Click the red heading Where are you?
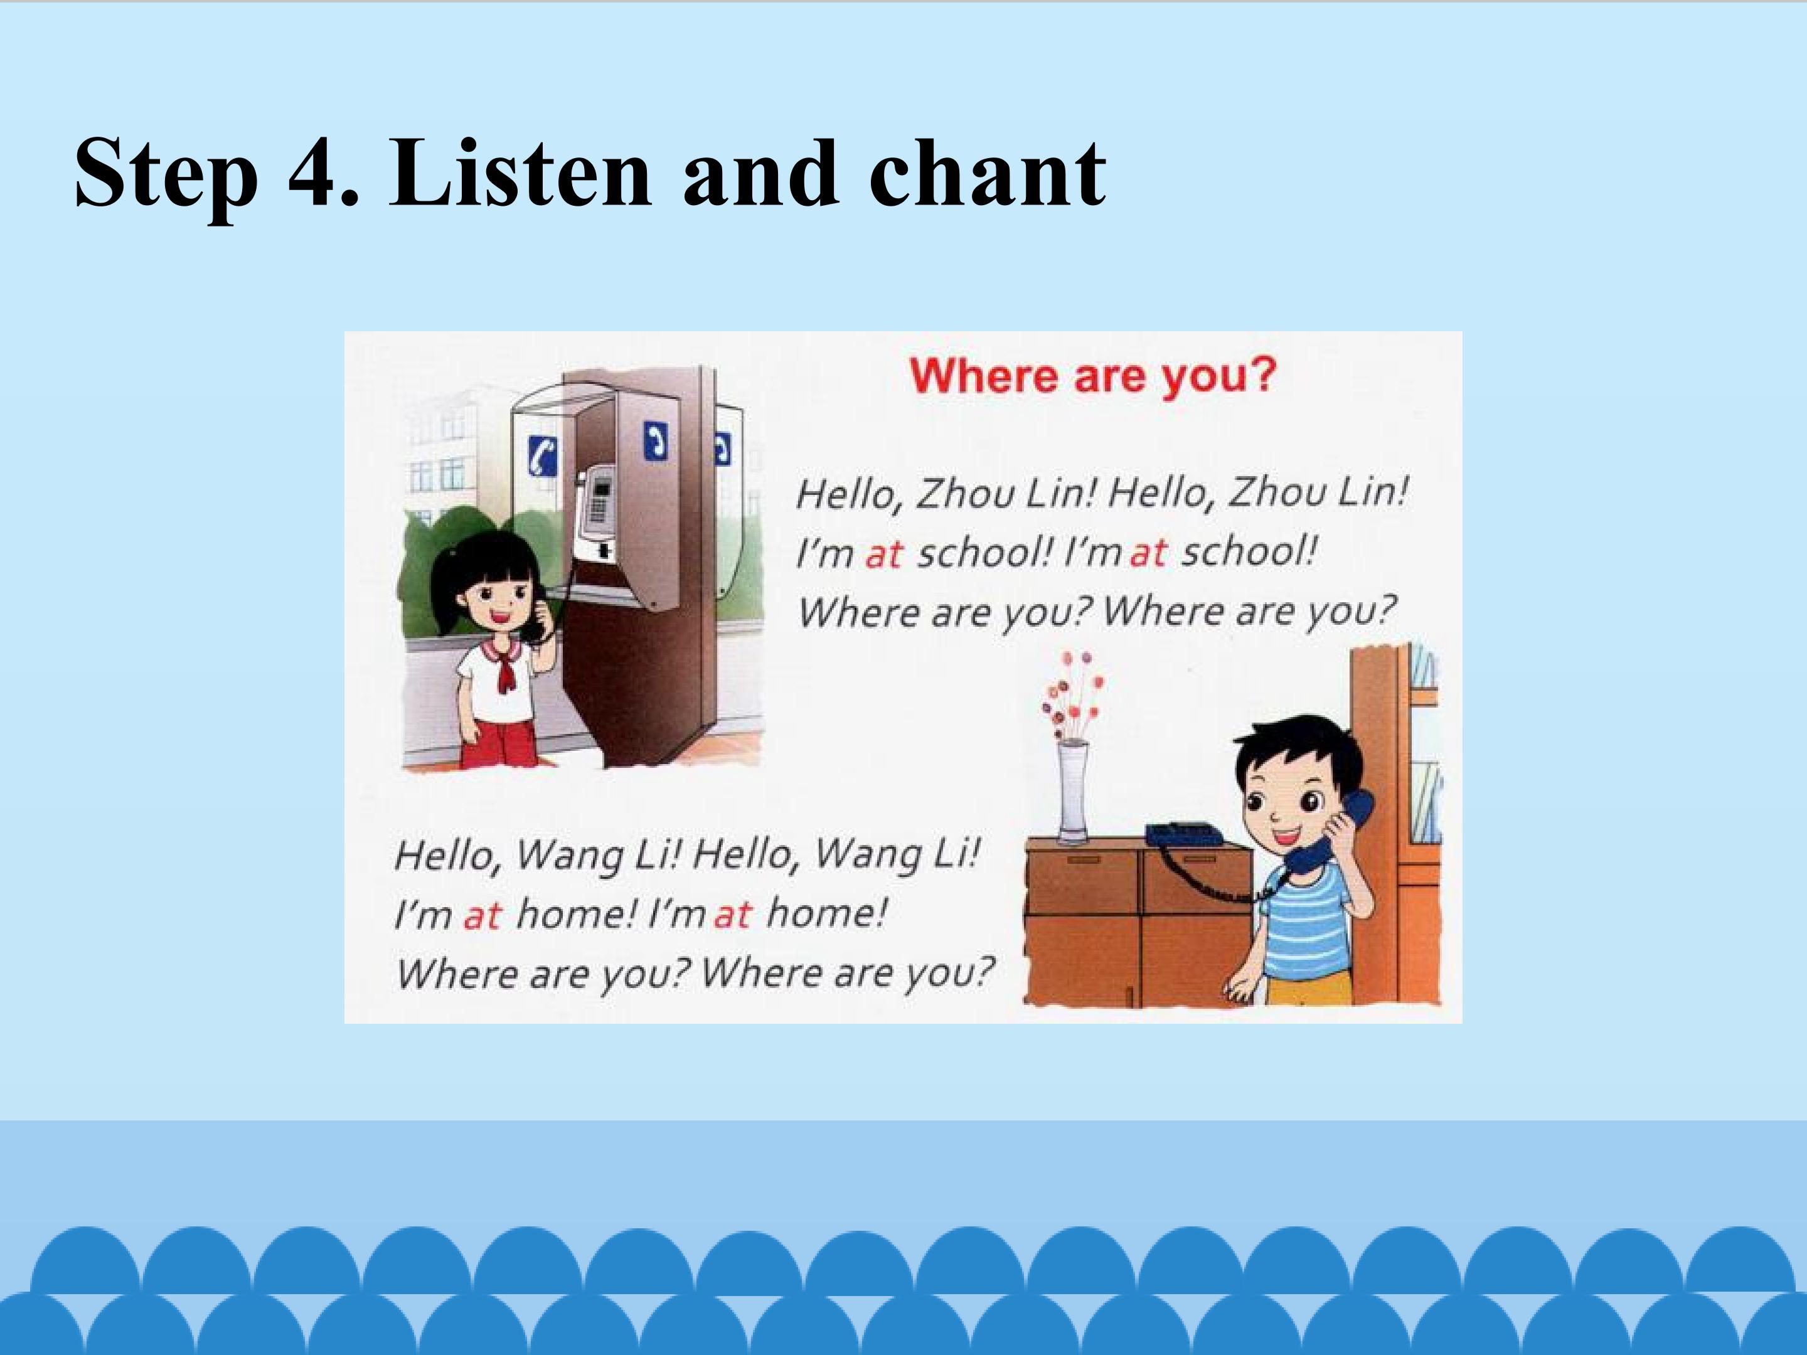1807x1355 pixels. (x=1092, y=376)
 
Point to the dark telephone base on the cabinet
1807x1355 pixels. (x=1185, y=833)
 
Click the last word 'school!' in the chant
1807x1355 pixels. (x=1249, y=552)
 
